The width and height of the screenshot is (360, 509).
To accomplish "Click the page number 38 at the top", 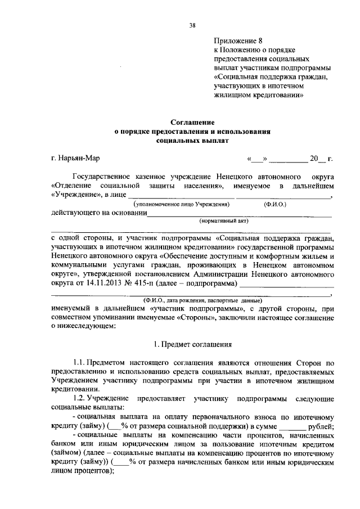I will coord(192,25).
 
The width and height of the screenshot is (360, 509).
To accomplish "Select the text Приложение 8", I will coord(238,40).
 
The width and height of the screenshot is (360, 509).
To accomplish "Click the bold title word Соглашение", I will coord(193,121).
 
